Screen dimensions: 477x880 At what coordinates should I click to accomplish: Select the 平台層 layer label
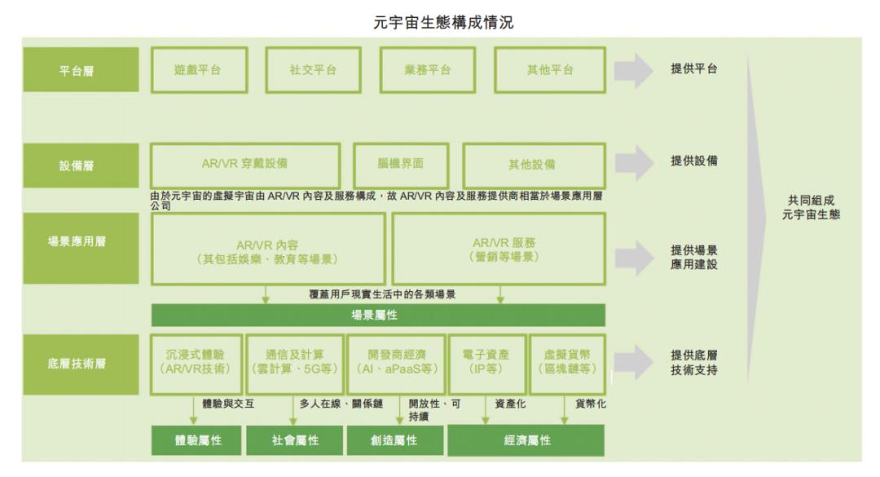76,70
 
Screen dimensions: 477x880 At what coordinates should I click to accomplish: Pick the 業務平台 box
428,70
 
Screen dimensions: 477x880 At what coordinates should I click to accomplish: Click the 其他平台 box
549,70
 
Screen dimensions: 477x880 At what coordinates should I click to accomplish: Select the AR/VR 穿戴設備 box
244,164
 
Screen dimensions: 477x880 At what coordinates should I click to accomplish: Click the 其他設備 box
533,164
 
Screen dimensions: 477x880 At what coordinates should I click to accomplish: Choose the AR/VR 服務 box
499,250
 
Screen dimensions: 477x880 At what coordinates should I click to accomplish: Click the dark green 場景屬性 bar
377,315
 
